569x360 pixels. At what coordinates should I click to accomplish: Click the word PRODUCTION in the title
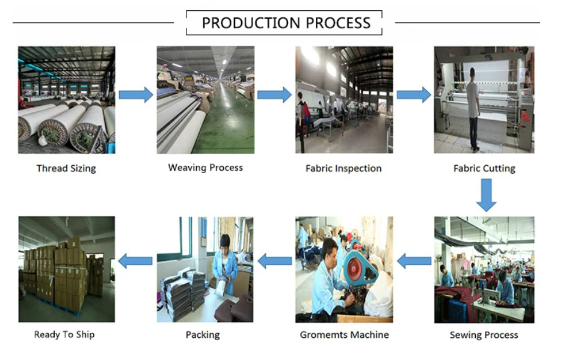(251, 23)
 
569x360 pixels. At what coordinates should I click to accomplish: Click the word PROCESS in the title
(338, 23)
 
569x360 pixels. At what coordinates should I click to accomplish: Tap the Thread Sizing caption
(66, 168)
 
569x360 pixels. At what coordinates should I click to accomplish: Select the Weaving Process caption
(205, 168)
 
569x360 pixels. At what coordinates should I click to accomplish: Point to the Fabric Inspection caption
(343, 168)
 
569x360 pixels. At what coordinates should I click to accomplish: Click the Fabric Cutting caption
(484, 168)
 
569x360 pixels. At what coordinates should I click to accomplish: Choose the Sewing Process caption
(484, 335)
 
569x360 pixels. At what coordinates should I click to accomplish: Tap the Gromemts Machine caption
(345, 335)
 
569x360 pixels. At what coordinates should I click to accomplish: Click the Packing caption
(203, 335)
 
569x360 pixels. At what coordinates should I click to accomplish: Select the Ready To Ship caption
(64, 335)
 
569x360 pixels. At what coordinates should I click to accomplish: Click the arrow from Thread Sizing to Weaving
(136, 95)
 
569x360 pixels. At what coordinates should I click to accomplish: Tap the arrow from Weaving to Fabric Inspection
(274, 95)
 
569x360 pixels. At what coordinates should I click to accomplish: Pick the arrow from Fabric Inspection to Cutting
(414, 95)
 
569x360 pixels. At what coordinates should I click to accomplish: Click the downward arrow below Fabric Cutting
(486, 195)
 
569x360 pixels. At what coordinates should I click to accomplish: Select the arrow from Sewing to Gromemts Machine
(414, 261)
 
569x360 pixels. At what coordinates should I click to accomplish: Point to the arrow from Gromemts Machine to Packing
(275, 261)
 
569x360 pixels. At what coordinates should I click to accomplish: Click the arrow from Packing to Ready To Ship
(135, 261)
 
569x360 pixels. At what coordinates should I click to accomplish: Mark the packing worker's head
(225, 242)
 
